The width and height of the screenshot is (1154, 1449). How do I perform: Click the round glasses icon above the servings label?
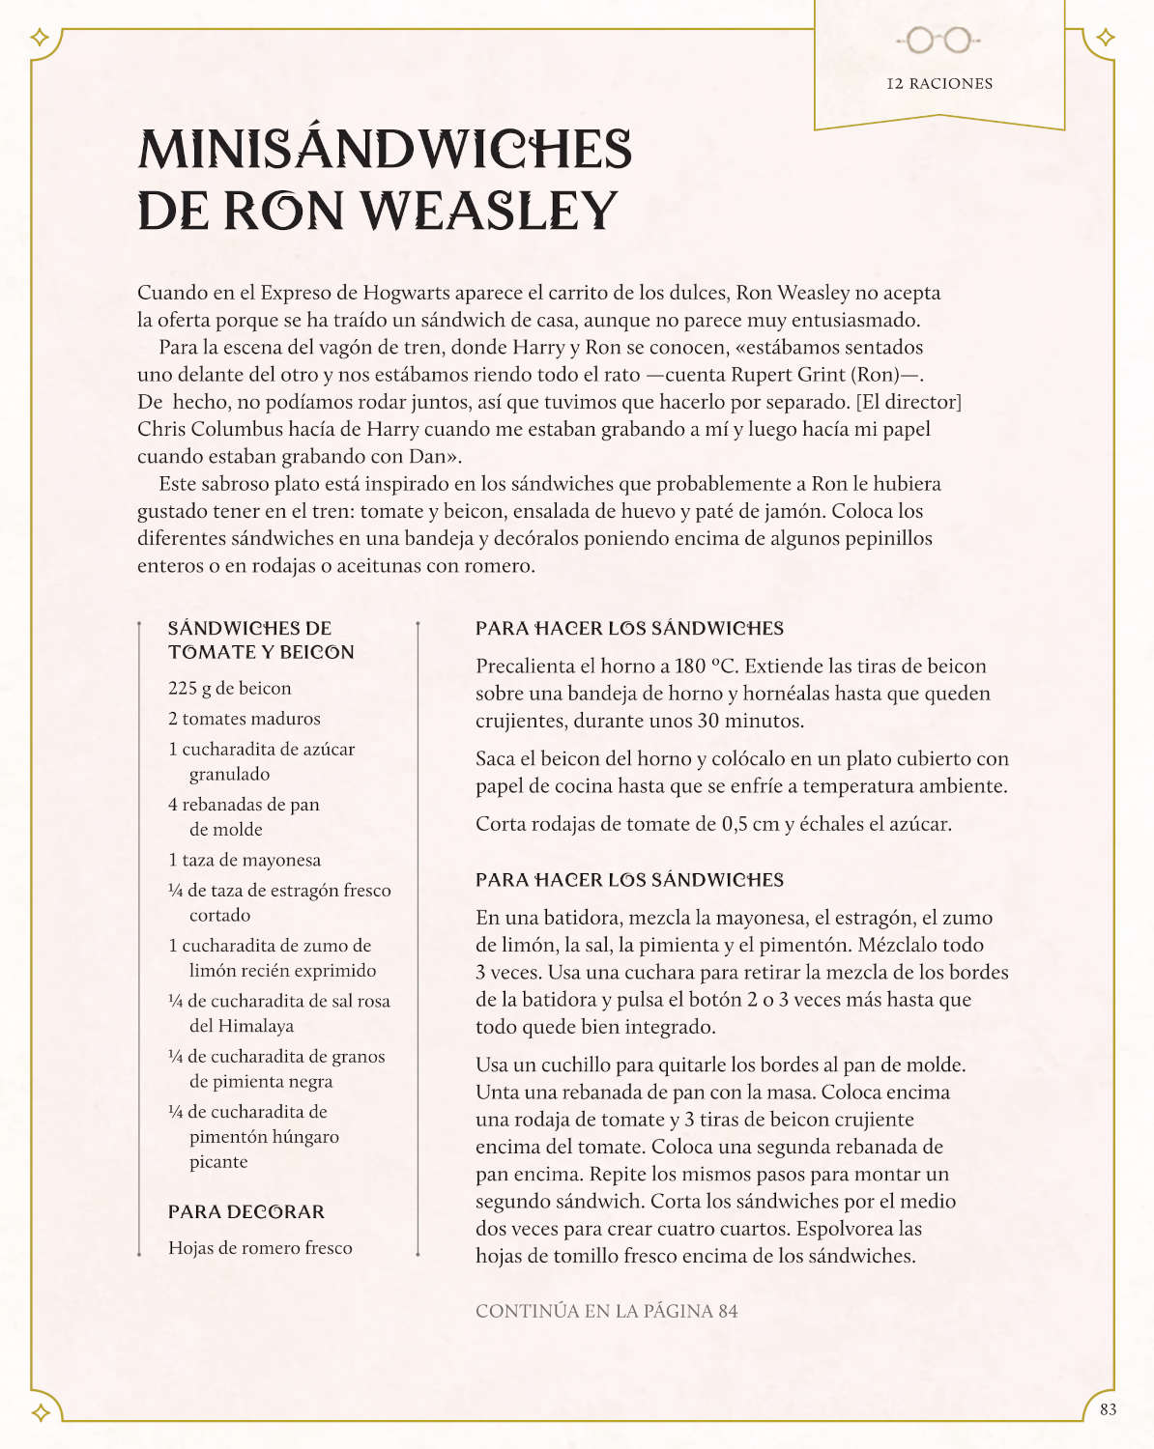click(938, 40)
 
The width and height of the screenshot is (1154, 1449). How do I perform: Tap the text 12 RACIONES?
click(939, 84)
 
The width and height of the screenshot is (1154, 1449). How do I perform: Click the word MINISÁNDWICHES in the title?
click(385, 151)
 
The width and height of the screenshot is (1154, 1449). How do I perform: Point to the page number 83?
click(1108, 1409)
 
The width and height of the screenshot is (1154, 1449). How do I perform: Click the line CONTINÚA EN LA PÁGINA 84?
click(606, 1311)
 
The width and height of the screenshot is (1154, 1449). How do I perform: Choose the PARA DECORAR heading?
click(246, 1211)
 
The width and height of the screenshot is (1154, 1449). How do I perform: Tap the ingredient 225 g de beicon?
click(229, 688)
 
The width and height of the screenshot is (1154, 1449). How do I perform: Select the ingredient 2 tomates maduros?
click(244, 719)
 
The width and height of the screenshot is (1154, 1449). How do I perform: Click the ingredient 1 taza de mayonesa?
click(244, 860)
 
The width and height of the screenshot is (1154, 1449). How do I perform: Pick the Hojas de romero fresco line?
click(260, 1248)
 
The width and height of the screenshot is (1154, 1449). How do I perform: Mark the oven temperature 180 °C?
click(705, 666)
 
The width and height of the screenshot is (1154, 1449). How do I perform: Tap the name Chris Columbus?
click(200, 429)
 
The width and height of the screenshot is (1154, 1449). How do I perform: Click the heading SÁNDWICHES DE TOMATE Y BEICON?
click(260, 639)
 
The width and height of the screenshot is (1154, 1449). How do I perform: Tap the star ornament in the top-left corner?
click(40, 38)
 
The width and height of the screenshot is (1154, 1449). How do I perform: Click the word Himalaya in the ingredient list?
click(242, 1026)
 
